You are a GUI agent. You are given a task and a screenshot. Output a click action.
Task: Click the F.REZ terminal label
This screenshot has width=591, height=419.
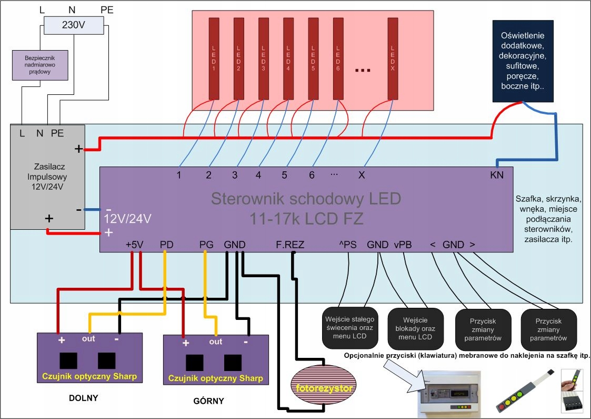pyautogui.click(x=290, y=245)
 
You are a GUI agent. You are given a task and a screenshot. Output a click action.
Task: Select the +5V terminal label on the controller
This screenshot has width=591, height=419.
pyautogui.click(x=135, y=245)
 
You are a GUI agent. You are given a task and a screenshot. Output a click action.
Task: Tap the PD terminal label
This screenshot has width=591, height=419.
pyautogui.click(x=166, y=245)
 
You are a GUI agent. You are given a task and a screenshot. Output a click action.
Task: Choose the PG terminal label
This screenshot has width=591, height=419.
pyautogui.click(x=206, y=245)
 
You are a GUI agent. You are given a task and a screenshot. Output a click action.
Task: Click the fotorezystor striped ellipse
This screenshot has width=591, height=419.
pyautogui.click(x=323, y=389)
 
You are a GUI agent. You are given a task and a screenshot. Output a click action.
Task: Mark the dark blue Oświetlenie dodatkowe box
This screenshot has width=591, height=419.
pyautogui.click(x=523, y=61)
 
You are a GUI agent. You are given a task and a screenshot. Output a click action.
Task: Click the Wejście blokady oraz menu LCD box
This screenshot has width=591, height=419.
pyautogui.click(x=413, y=328)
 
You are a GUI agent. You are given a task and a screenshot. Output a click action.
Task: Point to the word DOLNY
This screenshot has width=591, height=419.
pyautogui.click(x=84, y=398)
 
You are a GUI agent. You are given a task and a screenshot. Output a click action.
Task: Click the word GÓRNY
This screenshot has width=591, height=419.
pyautogui.click(x=208, y=401)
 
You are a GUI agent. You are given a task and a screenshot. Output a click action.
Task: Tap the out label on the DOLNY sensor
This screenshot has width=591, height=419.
pyautogui.click(x=88, y=338)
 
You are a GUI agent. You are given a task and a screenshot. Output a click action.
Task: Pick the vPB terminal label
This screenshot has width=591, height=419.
pyautogui.click(x=403, y=245)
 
